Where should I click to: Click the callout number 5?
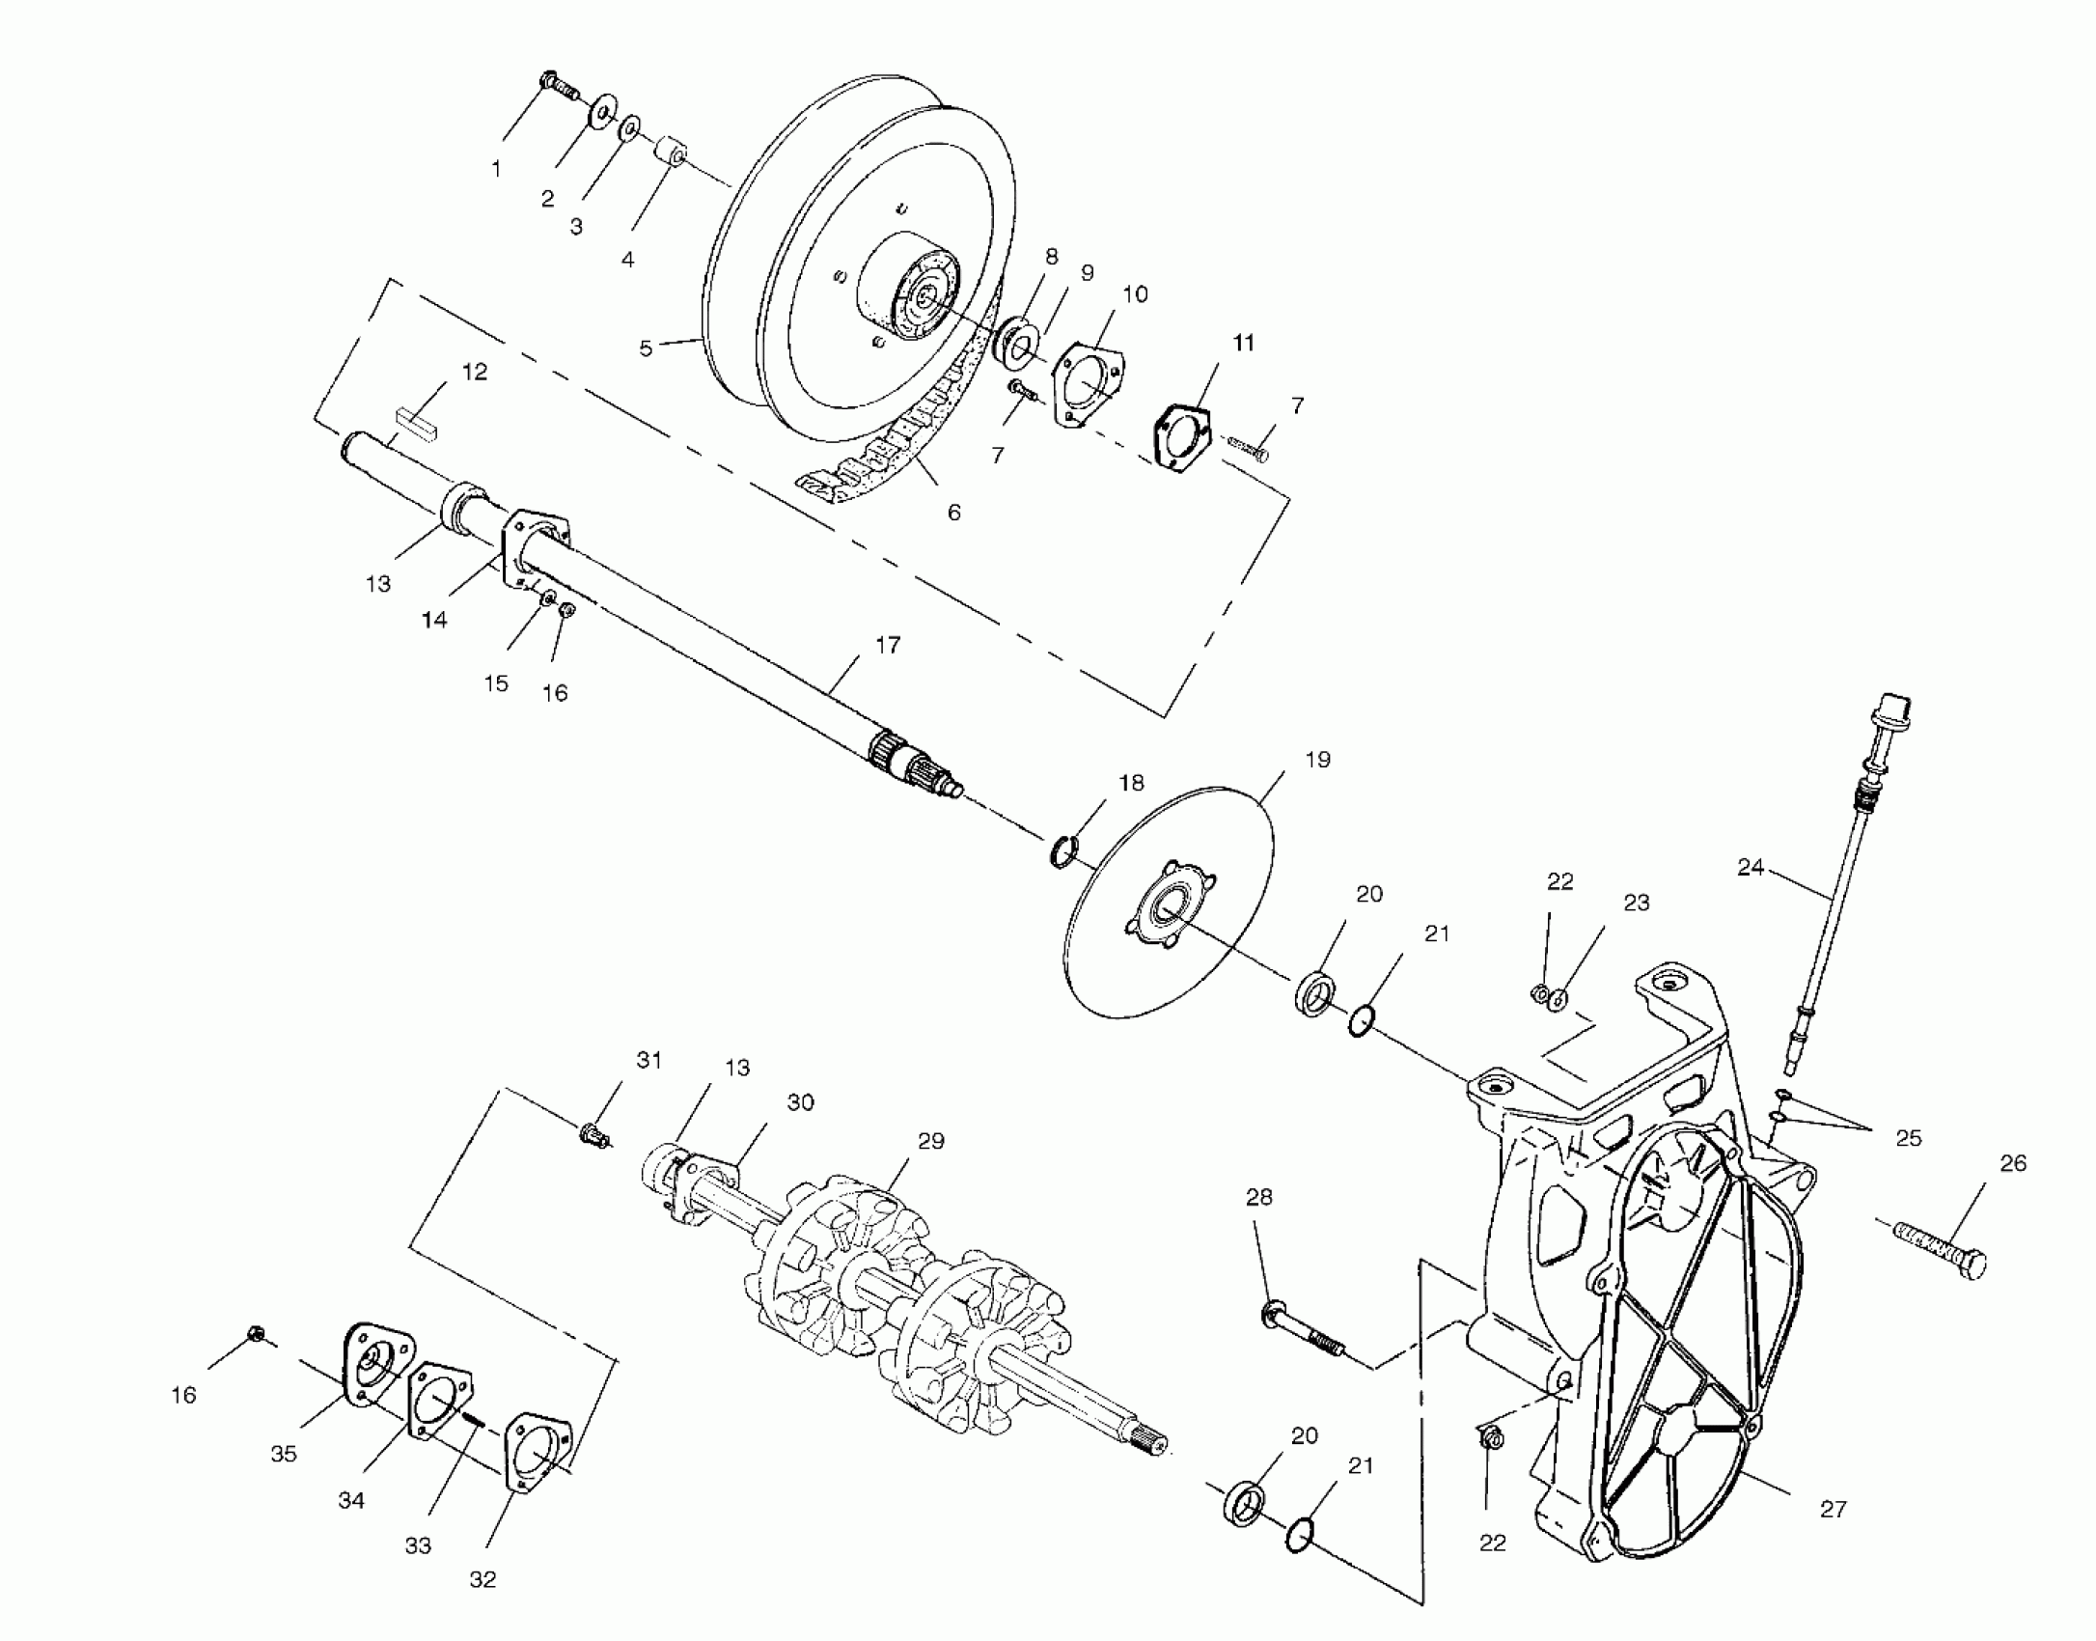[x=646, y=348]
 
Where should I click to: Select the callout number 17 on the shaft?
[x=887, y=645]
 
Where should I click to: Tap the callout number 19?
[x=1317, y=760]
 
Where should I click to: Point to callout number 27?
[x=1833, y=1509]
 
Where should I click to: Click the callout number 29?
[x=930, y=1141]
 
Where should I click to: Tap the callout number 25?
[x=1908, y=1138]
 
